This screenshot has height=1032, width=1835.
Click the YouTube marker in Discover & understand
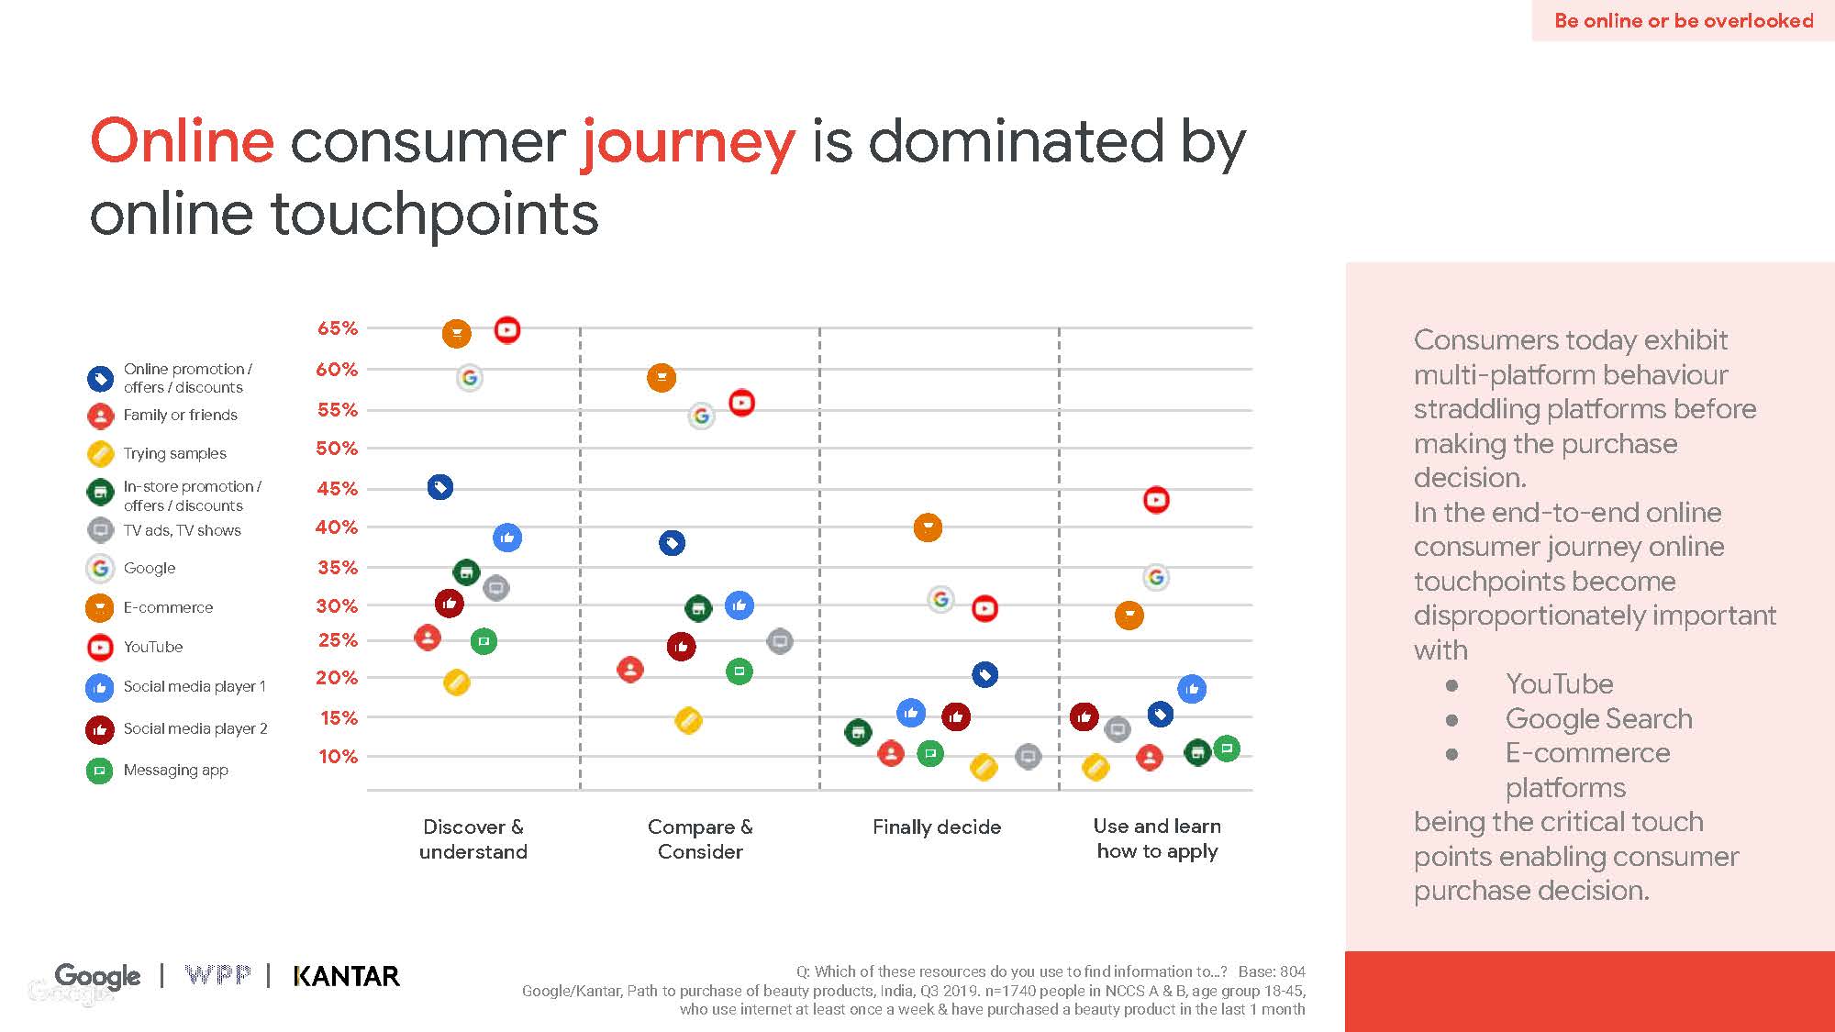tap(507, 329)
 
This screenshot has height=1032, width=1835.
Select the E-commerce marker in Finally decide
tap(928, 527)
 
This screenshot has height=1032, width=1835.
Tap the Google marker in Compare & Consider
tap(701, 416)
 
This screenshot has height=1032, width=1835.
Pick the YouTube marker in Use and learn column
tap(1156, 500)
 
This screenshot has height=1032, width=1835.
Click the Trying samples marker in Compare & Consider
tap(688, 721)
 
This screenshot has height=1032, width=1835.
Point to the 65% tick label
tap(337, 328)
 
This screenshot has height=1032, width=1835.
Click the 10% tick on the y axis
tap(337, 757)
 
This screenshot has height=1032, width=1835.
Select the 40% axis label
tap(337, 527)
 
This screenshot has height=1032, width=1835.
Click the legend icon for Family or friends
tap(100, 416)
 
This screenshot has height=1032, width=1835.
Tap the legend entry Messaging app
tap(175, 771)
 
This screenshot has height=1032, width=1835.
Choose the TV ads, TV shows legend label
tap(182, 530)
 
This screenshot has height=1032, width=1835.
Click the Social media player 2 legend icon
tap(99, 729)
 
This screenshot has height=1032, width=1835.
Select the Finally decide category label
tap(936, 827)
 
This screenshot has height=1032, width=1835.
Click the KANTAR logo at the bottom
tap(346, 976)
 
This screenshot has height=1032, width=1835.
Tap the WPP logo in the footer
tap(217, 975)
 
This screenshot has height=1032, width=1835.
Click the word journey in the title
tap(688, 143)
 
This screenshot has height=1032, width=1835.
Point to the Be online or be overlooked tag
tap(1683, 20)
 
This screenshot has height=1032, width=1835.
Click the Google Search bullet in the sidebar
tap(1598, 719)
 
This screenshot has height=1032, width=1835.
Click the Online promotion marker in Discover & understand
tap(440, 487)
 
